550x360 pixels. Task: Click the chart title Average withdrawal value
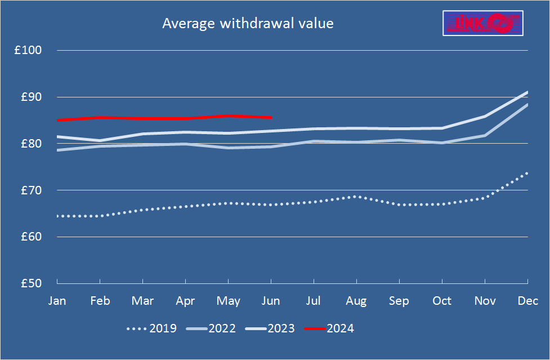pos(248,24)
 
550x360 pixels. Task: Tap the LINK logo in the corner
pos(483,23)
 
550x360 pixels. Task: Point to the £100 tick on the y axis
pos(28,50)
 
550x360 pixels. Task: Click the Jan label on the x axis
pos(57,301)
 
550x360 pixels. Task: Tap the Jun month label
pos(271,301)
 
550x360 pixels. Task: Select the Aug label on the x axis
pos(356,301)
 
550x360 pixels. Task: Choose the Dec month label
pos(527,301)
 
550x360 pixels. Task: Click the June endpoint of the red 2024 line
pos(271,117)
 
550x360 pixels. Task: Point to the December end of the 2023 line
pos(527,92)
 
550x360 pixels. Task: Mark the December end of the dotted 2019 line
pos(527,173)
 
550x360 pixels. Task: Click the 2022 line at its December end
pos(527,105)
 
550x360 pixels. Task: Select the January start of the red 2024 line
pos(57,120)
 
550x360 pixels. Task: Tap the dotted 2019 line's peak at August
pos(355,196)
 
